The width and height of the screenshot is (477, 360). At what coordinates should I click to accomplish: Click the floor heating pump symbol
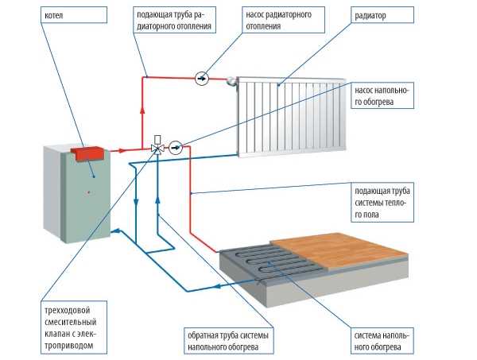[x=176, y=146]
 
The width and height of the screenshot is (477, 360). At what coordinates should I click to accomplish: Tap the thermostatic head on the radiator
[x=230, y=80]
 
